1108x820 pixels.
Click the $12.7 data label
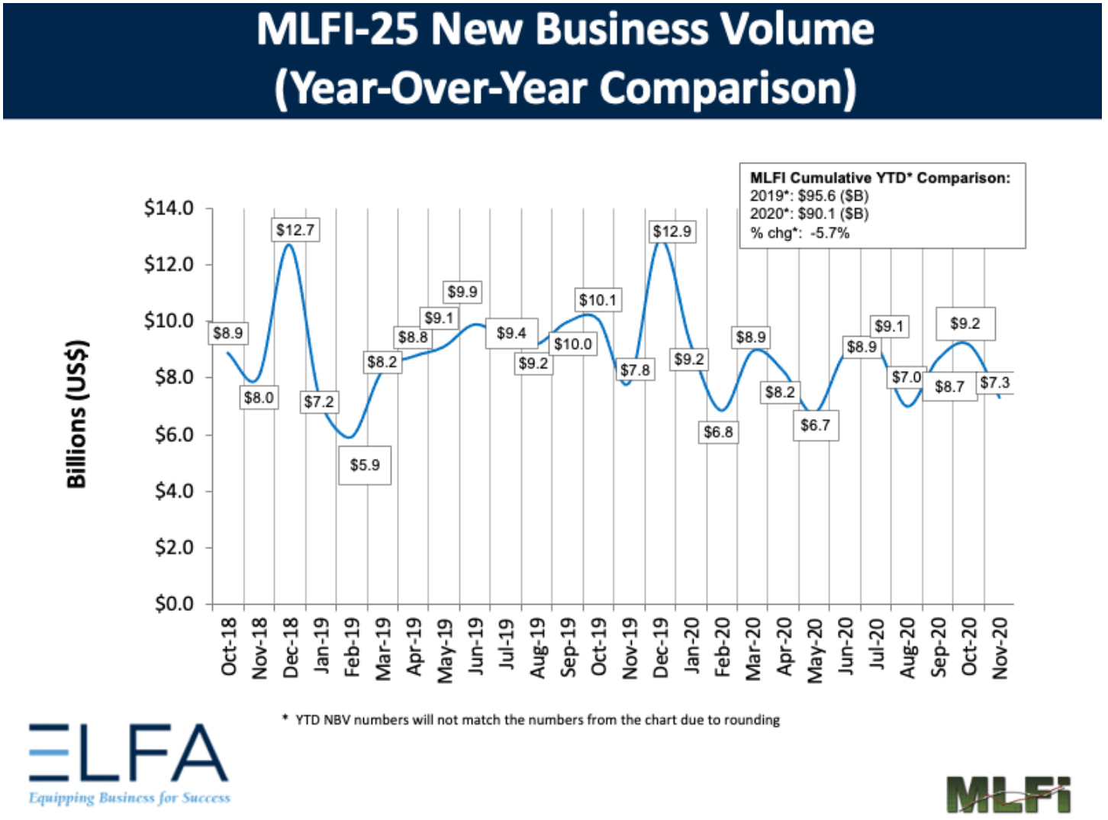[x=295, y=230]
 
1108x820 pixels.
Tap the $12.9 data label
[x=672, y=231]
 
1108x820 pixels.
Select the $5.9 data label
[x=365, y=465]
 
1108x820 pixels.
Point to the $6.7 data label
[x=815, y=425]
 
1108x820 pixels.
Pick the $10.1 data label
[x=597, y=300]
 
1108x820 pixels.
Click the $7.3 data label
[x=995, y=383]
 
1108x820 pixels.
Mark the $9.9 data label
[x=462, y=292]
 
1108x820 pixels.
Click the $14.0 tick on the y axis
[x=169, y=208]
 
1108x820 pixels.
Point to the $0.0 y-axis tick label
[x=174, y=604]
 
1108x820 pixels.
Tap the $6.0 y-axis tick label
[x=174, y=434]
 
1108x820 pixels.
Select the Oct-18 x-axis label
[x=228, y=647]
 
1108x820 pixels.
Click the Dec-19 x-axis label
[x=661, y=647]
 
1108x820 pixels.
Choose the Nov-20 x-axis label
[x=1000, y=647]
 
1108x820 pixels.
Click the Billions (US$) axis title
[x=76, y=413]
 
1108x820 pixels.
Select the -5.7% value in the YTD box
[x=829, y=233]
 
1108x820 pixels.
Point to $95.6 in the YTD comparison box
[x=817, y=196]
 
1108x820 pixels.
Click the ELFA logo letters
[x=128, y=753]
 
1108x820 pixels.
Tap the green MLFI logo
[x=1008, y=795]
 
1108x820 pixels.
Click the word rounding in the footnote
[x=753, y=719]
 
